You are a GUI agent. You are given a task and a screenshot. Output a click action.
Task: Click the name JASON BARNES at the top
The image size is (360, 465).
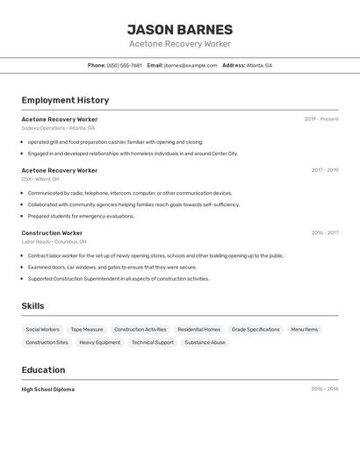point(180,29)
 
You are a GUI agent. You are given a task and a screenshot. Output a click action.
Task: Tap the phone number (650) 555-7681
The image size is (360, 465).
point(124,65)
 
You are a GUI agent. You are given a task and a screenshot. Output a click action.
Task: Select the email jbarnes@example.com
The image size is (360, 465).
point(190,65)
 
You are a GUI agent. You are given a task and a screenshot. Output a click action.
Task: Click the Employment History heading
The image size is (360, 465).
point(65,100)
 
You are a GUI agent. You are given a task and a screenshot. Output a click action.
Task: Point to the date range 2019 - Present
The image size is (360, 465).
point(320,119)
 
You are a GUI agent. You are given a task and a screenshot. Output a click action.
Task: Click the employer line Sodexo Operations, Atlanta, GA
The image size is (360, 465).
point(58,128)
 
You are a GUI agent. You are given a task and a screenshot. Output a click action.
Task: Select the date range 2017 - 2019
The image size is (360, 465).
point(324,170)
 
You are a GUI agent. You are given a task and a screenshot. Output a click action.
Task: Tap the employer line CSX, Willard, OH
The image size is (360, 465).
point(40,179)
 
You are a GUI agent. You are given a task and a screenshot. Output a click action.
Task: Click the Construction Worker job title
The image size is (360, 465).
point(52,233)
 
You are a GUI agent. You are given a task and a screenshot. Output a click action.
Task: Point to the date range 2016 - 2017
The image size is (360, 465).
point(324,233)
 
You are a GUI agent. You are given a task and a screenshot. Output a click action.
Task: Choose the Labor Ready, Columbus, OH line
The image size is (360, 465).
point(54,242)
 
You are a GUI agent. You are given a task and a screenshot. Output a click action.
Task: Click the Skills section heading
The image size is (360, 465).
point(32,306)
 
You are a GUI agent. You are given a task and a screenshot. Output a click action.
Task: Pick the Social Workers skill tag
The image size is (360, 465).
point(43,330)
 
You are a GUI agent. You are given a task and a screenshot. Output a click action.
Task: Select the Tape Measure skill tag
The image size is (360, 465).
point(87,330)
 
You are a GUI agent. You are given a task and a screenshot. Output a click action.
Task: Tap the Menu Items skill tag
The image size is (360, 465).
point(305,330)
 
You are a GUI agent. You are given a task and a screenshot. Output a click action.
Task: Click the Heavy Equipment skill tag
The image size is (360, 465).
point(100,343)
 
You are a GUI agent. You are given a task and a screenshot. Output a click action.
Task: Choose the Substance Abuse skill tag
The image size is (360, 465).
point(205,343)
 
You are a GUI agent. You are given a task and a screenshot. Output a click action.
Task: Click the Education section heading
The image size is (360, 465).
point(43,370)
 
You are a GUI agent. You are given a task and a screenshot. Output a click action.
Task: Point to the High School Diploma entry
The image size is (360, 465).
point(48,390)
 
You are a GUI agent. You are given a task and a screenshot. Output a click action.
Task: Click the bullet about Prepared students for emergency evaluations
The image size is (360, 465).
point(81,216)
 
